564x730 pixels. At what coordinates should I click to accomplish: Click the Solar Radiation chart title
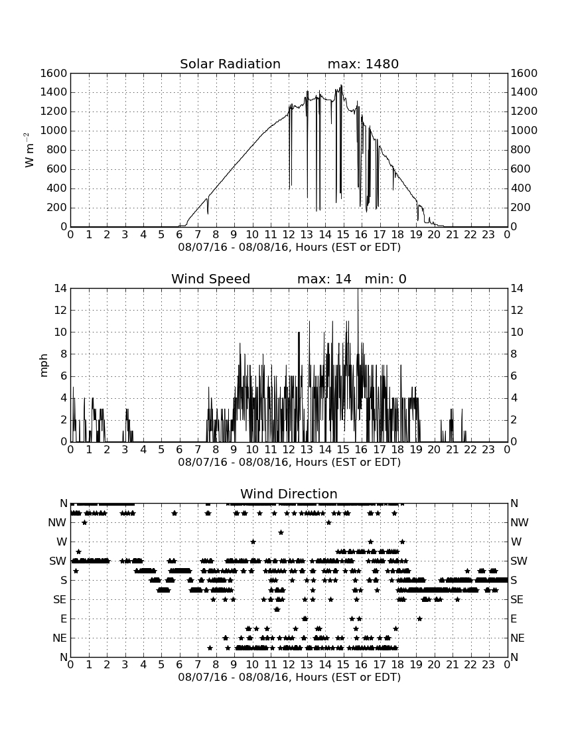[x=230, y=64]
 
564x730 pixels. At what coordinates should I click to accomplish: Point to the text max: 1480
[x=363, y=64]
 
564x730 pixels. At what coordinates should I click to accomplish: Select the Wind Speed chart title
[x=211, y=279]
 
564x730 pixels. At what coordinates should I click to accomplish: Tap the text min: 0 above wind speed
[x=386, y=279]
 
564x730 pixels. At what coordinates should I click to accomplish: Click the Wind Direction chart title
[x=289, y=494]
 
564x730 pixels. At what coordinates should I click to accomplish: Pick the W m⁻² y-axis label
[x=29, y=150]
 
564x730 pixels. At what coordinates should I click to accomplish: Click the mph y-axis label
[x=44, y=365]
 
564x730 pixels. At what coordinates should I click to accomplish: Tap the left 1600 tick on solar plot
[x=54, y=74]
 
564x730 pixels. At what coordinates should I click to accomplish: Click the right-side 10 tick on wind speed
[x=517, y=332]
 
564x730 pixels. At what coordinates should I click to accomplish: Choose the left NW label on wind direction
[x=57, y=523]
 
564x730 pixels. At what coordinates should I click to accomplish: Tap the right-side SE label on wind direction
[x=517, y=600]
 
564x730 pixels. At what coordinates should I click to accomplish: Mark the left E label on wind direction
[x=64, y=619]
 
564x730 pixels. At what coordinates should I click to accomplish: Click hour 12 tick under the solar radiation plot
[x=289, y=235]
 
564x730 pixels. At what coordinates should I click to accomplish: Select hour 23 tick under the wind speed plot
[x=488, y=450]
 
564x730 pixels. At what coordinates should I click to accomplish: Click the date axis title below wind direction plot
[x=289, y=677]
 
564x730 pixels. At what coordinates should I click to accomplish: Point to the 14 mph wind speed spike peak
[x=358, y=289]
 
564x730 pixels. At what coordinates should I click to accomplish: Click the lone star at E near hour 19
[x=419, y=619]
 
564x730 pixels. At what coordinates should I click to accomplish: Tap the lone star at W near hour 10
[x=253, y=542]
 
